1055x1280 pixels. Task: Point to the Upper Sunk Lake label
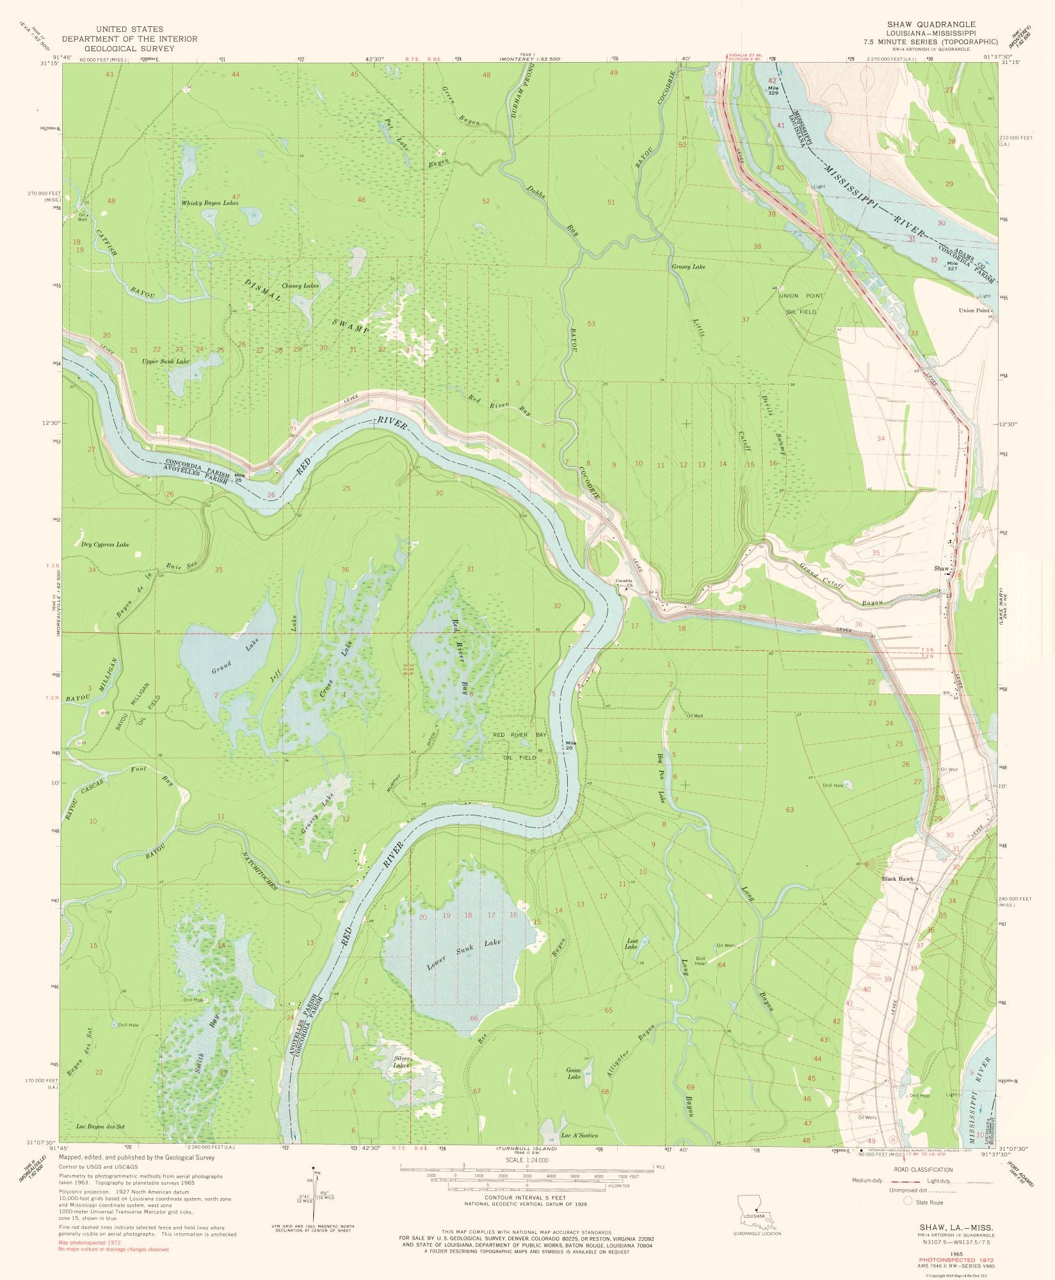(166, 362)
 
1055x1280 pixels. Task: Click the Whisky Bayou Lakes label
(210, 202)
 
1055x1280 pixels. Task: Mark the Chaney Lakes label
(300, 285)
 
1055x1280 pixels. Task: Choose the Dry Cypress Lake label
(105, 544)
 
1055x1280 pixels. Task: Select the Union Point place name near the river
(974, 310)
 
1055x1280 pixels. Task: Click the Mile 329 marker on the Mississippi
(773, 90)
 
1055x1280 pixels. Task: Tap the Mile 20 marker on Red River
(571, 745)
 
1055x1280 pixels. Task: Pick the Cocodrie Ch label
(624, 583)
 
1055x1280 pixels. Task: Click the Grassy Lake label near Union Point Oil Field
(688, 266)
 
